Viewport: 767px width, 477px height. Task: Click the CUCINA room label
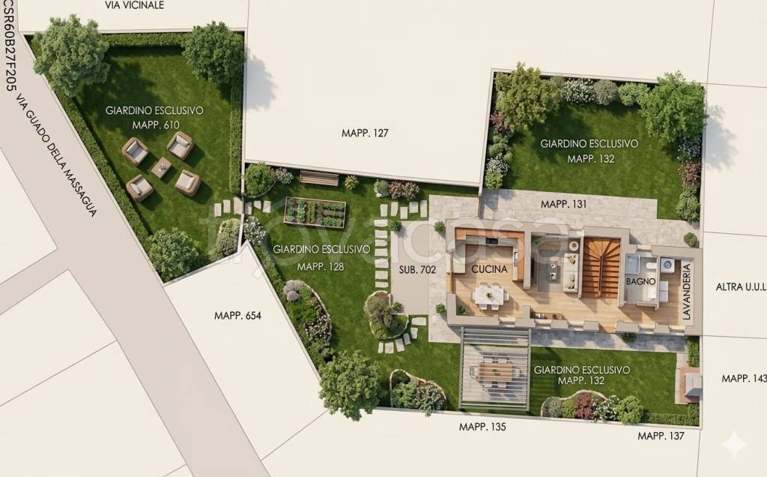(x=490, y=268)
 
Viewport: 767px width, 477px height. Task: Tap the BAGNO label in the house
(x=641, y=281)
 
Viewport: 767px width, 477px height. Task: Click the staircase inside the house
(x=601, y=268)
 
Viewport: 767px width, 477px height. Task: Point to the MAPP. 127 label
(x=366, y=133)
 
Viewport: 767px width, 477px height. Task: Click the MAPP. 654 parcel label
(x=237, y=316)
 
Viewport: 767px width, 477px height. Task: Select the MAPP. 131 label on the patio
(x=564, y=203)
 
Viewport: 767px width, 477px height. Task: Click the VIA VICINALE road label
(x=135, y=4)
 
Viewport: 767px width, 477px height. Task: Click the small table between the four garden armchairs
(x=160, y=167)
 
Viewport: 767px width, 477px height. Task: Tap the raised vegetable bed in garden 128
(x=315, y=212)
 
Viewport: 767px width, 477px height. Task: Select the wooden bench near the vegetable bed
(x=319, y=178)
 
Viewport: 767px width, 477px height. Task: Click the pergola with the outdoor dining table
(x=494, y=369)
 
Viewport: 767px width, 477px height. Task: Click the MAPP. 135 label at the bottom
(x=482, y=427)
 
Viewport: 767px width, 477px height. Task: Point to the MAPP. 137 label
(x=661, y=435)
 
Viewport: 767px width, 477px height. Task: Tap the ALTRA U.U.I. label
(x=740, y=286)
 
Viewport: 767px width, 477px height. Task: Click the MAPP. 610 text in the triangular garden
(x=156, y=124)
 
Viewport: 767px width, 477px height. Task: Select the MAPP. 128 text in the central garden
(x=321, y=265)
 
